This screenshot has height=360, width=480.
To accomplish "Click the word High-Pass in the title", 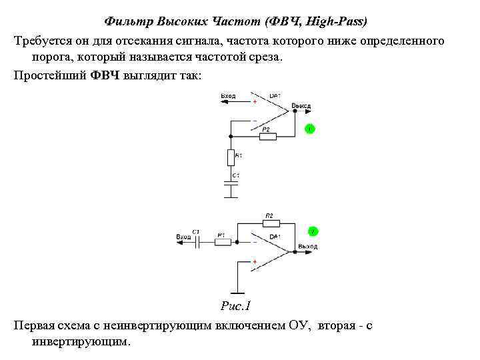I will pyautogui.click(x=335, y=21).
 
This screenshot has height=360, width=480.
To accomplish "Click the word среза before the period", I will pyautogui.click(x=265, y=57).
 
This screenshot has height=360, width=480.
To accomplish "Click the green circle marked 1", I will pyautogui.click(x=309, y=128).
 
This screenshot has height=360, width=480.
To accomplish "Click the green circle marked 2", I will pyautogui.click(x=312, y=231).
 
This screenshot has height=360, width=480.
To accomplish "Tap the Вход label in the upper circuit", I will pyautogui.click(x=228, y=96).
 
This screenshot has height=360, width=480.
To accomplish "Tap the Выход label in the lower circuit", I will pyautogui.click(x=307, y=247).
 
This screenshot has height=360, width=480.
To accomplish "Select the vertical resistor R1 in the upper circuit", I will pyautogui.click(x=231, y=158).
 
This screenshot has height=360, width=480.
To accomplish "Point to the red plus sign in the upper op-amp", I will pyautogui.click(x=255, y=102).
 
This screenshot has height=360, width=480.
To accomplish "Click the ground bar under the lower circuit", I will pyautogui.click(x=237, y=292).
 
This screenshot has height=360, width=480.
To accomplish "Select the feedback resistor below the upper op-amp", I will pyautogui.click(x=267, y=135).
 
